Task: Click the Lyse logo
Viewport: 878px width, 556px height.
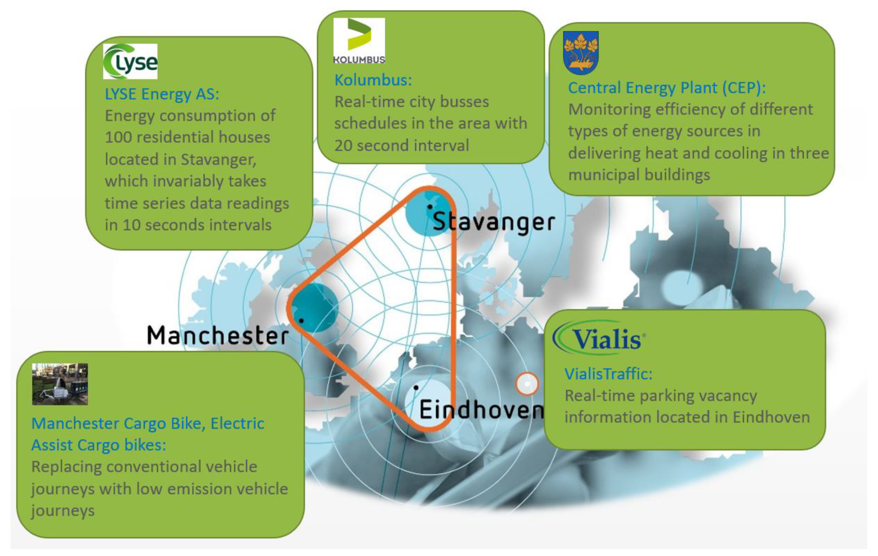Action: click(130, 61)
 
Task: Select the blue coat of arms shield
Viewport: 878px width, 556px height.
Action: click(581, 53)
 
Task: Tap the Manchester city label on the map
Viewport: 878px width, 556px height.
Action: click(218, 335)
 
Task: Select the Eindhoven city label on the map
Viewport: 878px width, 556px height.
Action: click(481, 409)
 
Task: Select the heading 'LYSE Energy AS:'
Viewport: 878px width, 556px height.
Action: click(162, 94)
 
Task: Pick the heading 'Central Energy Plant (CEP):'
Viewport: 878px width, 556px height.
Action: click(667, 88)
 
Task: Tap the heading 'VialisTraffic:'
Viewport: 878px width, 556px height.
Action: click(608, 374)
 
